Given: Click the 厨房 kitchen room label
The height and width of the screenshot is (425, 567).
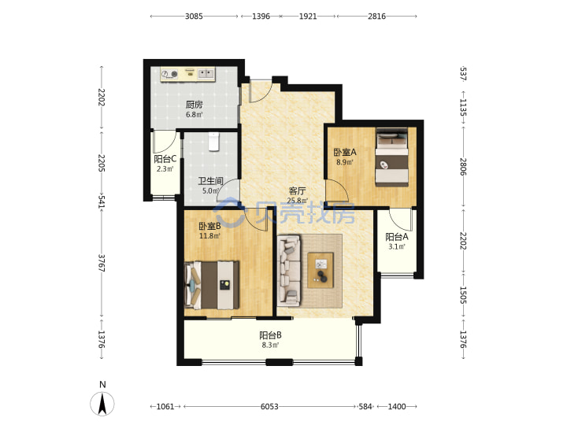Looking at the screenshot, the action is tap(195, 105).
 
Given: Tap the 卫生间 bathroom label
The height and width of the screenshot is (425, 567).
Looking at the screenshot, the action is tap(210, 181).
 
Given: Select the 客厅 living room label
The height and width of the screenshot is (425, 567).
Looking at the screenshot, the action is tap(297, 190).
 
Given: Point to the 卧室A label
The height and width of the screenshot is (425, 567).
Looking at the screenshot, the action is tap(345, 152).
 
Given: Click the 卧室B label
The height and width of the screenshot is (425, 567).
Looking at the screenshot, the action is tap(209, 226).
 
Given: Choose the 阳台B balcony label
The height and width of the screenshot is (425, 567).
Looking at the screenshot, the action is tap(270, 335).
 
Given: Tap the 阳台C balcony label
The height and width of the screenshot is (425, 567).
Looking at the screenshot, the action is tap(165, 159).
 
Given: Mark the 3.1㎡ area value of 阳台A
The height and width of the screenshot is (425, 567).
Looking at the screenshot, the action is tap(397, 246).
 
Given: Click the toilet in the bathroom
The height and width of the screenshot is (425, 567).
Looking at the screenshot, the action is tap(213, 142).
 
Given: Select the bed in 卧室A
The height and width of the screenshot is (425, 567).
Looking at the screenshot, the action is tap(392, 157).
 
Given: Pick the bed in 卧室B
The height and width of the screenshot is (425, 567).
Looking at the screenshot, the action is tap(212, 285).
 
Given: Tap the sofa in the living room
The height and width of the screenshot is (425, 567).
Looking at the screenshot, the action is tap(289, 269).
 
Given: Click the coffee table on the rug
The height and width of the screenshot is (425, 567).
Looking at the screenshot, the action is tap(321, 270).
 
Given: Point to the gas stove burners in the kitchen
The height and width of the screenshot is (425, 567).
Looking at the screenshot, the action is tap(169, 74).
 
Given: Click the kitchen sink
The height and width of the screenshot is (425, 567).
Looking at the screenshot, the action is tap(206, 74).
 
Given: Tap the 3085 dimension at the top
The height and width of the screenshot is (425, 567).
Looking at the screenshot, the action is tap(194, 17).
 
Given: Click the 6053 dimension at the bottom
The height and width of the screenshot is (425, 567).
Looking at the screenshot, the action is tap(269, 407).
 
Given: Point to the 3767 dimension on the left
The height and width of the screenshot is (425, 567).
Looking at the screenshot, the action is tap(102, 263).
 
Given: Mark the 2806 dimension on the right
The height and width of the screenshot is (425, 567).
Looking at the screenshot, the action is tap(463, 167).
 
